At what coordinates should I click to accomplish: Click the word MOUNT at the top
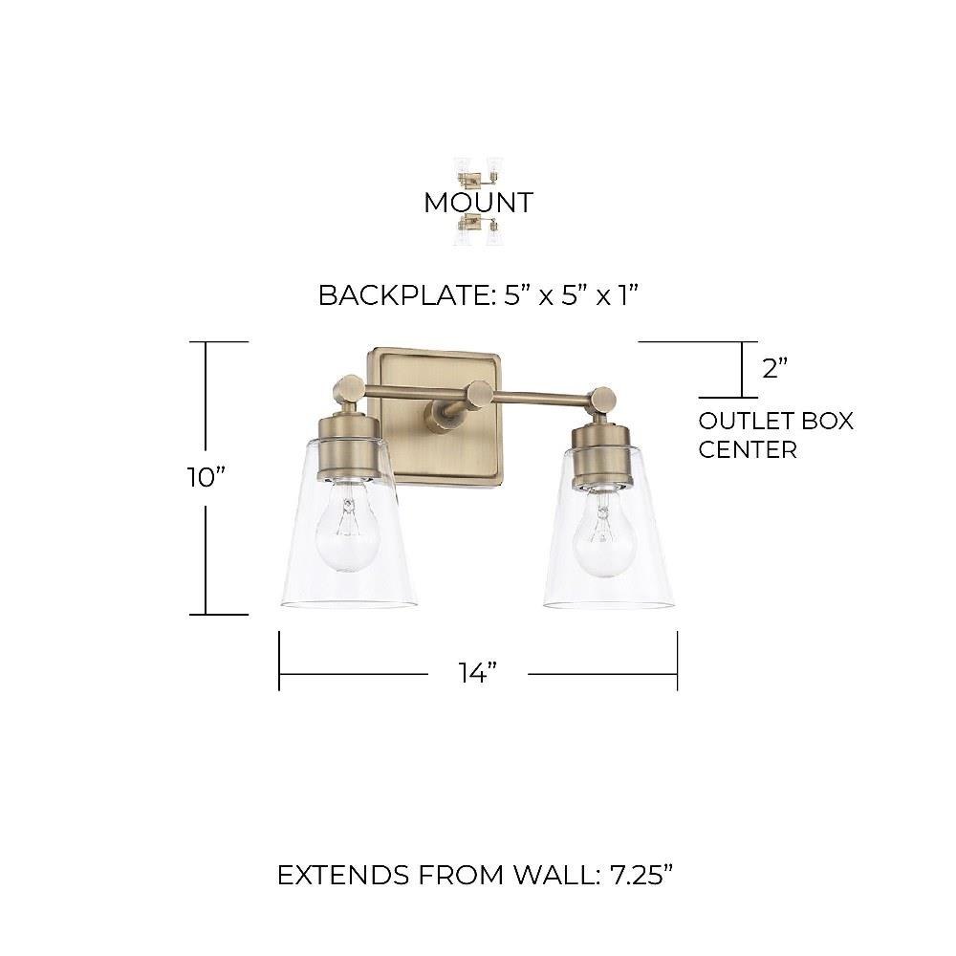coord(479,203)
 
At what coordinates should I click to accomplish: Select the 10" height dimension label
coord(206,477)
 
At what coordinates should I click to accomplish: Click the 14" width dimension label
coord(478,673)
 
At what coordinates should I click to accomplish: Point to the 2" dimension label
coord(775,368)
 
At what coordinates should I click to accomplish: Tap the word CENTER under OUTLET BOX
coord(748,450)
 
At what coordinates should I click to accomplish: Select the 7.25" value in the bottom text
coord(641,876)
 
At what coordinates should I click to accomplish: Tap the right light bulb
coord(604,534)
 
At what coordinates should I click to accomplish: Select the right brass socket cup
coord(600,456)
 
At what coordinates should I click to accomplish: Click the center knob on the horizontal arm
coord(479,395)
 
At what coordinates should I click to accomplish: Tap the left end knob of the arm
coord(348,388)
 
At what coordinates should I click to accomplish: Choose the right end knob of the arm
coord(603,401)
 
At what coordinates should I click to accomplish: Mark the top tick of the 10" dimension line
coord(219,342)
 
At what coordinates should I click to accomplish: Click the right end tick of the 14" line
coord(678,661)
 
